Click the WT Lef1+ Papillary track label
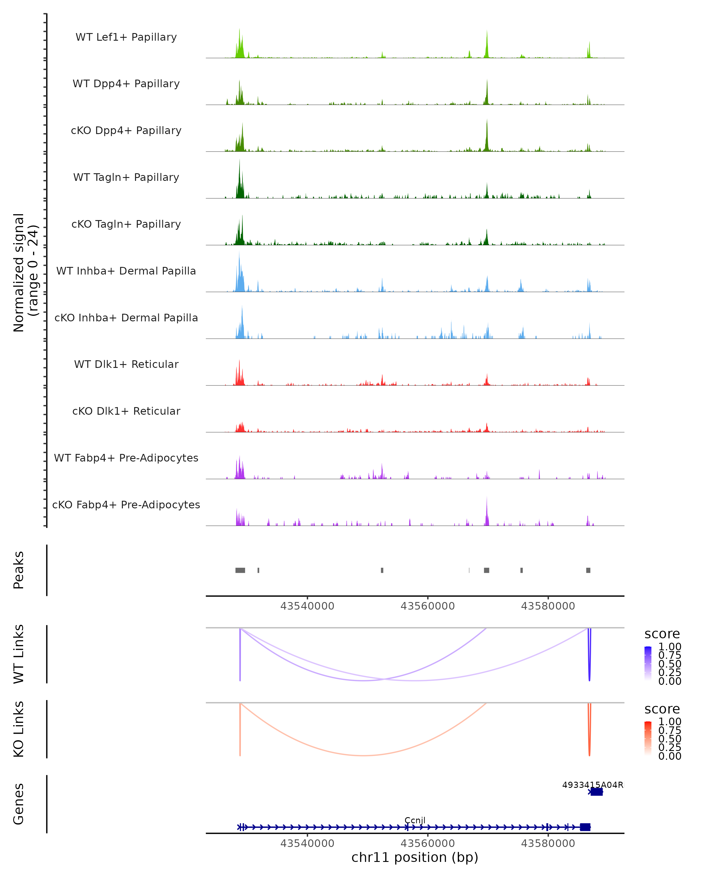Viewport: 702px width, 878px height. tap(126, 37)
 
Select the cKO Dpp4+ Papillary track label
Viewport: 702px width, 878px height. tap(126, 131)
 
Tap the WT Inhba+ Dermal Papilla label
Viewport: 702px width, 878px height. tap(126, 271)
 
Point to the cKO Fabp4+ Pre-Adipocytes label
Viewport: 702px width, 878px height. tap(126, 505)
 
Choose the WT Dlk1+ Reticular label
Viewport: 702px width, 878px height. tap(126, 364)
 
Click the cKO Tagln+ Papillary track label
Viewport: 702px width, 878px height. tap(126, 224)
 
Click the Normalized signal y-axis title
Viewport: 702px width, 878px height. tap(25, 272)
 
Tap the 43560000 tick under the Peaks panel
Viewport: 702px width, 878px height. tap(427, 606)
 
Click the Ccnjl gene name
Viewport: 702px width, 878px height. tap(415, 820)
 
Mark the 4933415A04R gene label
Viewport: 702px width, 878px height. tap(593, 785)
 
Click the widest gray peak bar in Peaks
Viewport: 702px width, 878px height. tap(240, 570)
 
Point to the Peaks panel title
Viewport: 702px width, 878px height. tap(19, 570)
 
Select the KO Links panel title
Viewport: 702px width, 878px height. tap(19, 729)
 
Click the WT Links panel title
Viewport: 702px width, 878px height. tap(19, 654)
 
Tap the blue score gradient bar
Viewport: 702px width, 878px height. tap(648, 663)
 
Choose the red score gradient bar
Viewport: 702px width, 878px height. tap(648, 738)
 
